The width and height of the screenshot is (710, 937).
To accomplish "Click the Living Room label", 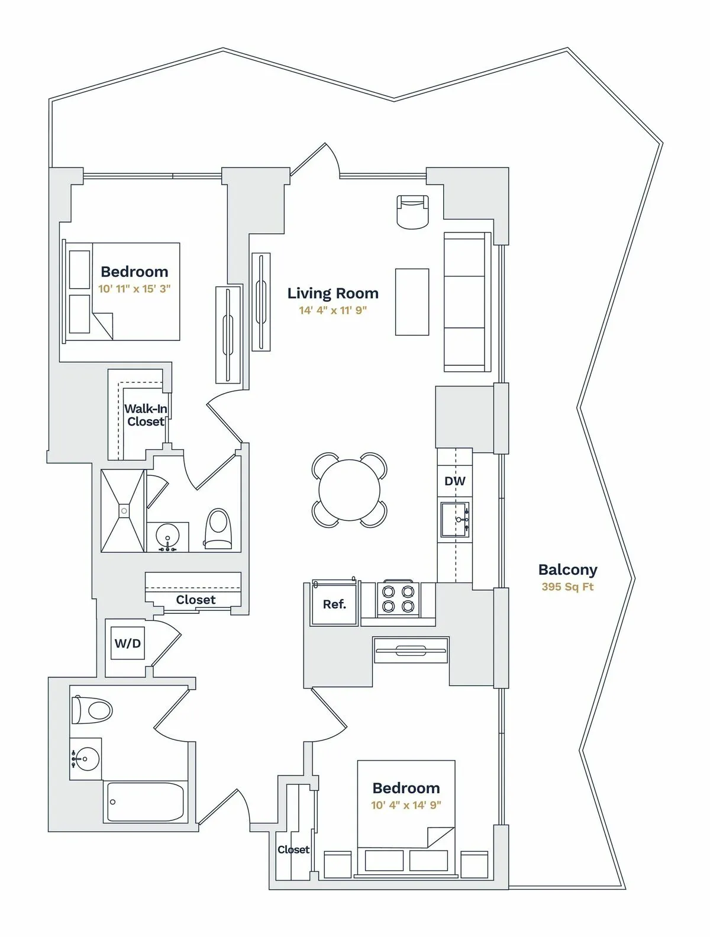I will (x=333, y=293).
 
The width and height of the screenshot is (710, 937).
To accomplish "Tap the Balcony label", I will (x=567, y=569).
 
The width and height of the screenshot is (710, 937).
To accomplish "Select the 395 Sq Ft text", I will (x=567, y=587).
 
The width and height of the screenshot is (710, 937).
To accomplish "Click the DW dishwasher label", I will (x=454, y=481).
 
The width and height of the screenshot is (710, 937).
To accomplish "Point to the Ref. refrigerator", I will (x=334, y=604).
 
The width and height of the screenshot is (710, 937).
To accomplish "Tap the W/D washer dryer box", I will (x=128, y=643).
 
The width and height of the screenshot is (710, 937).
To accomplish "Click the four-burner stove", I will (x=398, y=598).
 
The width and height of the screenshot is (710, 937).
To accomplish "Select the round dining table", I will (x=350, y=490).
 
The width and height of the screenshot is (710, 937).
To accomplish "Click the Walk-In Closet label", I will (x=146, y=415).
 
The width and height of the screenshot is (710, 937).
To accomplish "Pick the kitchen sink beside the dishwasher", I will (x=455, y=519).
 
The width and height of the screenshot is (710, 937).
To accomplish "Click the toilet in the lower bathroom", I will (x=92, y=710).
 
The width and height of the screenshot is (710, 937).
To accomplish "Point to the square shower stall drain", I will (x=124, y=510).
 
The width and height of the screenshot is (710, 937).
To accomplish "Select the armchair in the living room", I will (x=412, y=211).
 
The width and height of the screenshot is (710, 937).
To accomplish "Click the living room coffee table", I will (x=412, y=301).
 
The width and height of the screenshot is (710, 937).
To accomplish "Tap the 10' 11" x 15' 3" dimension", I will (x=134, y=289).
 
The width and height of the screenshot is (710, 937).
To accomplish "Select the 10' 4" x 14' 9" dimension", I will (x=406, y=805).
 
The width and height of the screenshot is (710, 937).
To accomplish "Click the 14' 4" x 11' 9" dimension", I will (x=333, y=310).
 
